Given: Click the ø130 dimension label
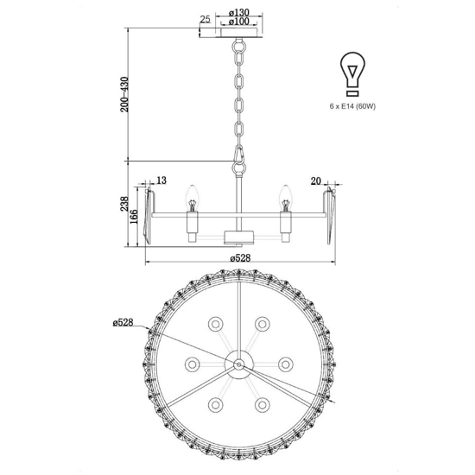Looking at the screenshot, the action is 238,13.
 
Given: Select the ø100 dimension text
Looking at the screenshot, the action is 238,22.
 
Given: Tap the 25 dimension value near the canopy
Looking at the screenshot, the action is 205,19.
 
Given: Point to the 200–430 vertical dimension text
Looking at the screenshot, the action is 124,94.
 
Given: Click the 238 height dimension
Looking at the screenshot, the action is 124,204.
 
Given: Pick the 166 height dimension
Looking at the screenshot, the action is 134,217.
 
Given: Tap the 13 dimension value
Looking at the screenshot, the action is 161,180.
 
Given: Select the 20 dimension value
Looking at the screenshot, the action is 315,181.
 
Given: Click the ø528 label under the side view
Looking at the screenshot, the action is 241,258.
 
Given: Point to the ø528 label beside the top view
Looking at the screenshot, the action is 123,322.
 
